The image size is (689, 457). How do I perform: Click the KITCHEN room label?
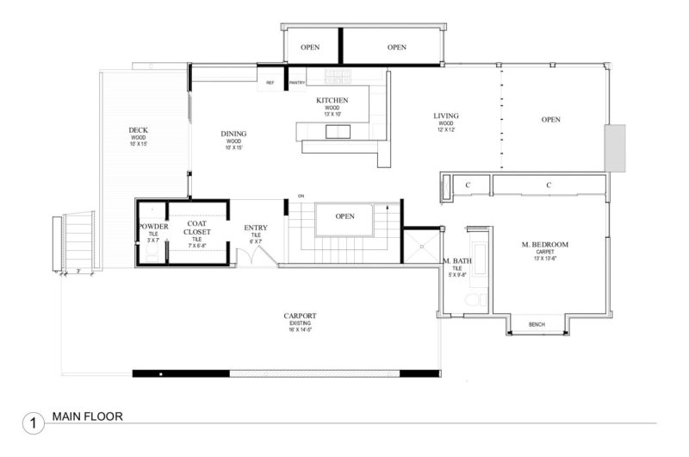click(x=332, y=101)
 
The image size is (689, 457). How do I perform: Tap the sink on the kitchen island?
click(x=337, y=131)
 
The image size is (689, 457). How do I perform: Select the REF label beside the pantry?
click(x=270, y=83)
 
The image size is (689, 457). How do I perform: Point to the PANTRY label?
click(x=297, y=83)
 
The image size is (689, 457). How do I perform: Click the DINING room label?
click(x=233, y=134)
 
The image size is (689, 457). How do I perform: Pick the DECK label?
click(x=139, y=130)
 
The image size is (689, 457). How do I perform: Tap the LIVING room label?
click(x=445, y=116)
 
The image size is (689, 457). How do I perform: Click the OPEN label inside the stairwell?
click(x=345, y=216)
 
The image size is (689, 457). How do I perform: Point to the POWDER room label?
click(x=153, y=227)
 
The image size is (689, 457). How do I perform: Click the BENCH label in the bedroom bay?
click(x=537, y=324)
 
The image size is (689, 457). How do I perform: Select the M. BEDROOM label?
click(x=544, y=245)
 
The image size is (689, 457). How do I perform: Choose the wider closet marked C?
click(x=548, y=185)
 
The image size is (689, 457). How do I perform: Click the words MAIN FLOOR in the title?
click(x=87, y=416)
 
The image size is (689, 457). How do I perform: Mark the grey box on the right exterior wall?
click(x=615, y=147)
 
